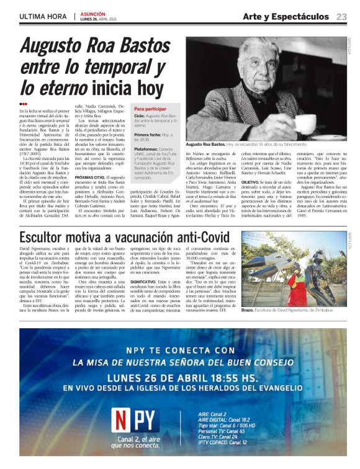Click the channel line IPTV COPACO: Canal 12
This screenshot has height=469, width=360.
click(226, 442)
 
